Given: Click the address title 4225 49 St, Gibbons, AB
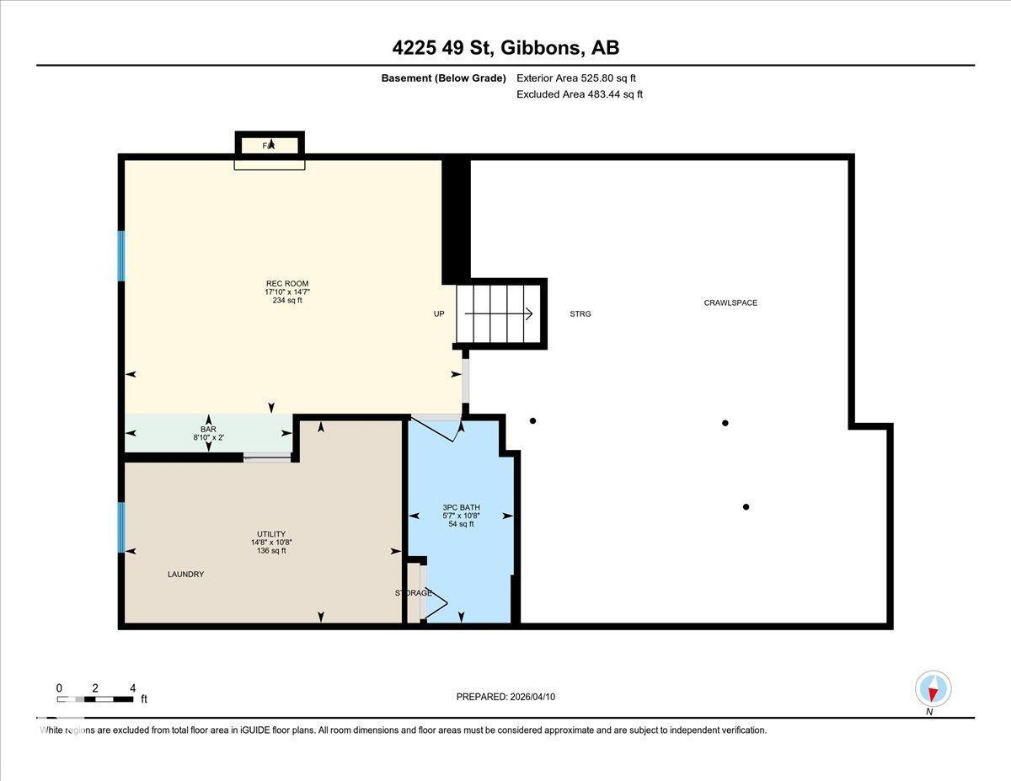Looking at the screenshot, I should [x=505, y=48].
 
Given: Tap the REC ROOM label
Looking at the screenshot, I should [x=281, y=283].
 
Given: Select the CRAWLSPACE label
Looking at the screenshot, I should [x=730, y=302].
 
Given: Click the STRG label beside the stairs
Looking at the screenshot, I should [x=580, y=313].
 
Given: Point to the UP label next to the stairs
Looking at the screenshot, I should [x=439, y=313].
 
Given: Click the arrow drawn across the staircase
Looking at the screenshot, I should [x=499, y=314].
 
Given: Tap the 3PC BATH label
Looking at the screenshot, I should [x=461, y=507].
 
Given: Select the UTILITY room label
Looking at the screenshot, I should [x=271, y=533].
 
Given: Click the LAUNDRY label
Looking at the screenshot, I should [x=185, y=574].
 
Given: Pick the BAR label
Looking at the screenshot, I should [x=208, y=429].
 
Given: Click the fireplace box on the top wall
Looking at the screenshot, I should [x=269, y=146].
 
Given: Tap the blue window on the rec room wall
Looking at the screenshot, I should [x=121, y=255].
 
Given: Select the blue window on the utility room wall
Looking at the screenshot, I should [x=121, y=527].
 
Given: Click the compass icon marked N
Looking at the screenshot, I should [x=933, y=688].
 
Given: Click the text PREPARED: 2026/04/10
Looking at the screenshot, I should [x=505, y=697].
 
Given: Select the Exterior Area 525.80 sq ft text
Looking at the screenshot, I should [x=575, y=78].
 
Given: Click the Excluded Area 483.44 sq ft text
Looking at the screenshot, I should [x=579, y=94].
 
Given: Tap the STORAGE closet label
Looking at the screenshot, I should [x=414, y=593].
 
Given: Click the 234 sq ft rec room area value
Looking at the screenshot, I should [x=281, y=300].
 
